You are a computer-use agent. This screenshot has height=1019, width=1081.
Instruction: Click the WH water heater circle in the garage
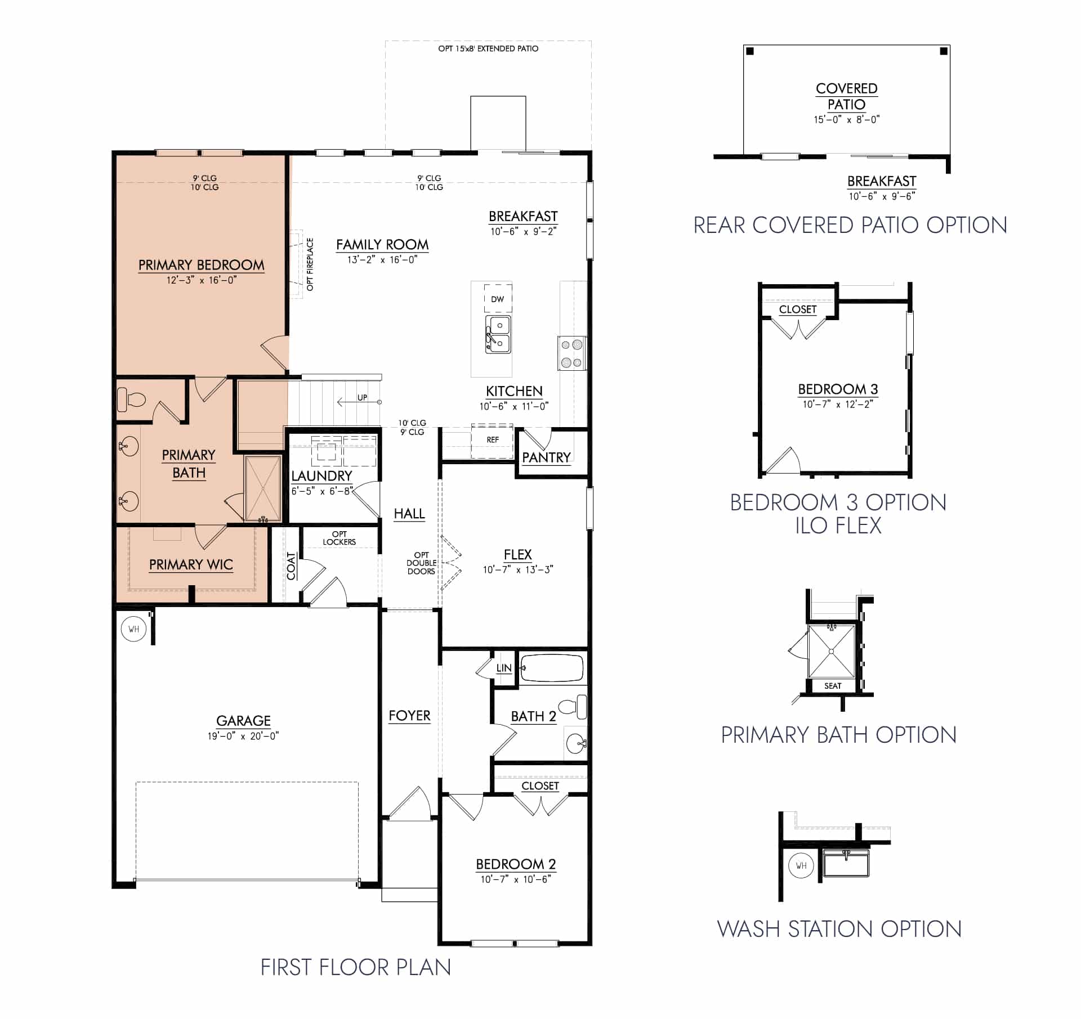coord(133,629)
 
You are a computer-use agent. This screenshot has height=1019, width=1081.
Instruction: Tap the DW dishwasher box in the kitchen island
coord(498,299)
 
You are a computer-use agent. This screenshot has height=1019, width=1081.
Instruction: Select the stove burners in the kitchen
coord(571,353)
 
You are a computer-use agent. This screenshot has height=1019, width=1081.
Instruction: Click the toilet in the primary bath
coord(131,400)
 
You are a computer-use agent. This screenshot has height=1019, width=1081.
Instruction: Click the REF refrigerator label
coord(493,440)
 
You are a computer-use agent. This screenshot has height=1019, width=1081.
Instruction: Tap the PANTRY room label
coord(546,457)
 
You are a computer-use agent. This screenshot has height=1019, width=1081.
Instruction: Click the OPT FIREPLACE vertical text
coord(310,264)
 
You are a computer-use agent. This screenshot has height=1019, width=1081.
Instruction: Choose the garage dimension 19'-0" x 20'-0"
coord(243,736)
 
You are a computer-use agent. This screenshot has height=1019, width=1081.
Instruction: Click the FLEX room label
coord(517,555)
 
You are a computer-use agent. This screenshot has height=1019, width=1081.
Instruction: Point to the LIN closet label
coord(504,668)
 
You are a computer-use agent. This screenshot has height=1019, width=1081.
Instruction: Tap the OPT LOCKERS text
coord(339,538)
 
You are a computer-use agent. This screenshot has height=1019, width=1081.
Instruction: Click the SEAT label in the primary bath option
coord(833,686)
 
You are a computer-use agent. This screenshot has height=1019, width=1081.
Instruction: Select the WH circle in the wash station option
coord(801,866)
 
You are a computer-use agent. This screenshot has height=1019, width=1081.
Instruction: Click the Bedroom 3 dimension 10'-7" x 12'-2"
coord(838,404)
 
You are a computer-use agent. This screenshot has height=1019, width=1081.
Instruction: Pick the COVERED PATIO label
coord(846,96)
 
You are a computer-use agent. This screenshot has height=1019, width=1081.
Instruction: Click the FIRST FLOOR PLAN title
coord(355,968)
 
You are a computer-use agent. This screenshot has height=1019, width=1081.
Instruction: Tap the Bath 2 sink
coord(575,743)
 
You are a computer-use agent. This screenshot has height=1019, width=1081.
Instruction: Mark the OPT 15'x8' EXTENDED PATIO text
coord(488,49)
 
